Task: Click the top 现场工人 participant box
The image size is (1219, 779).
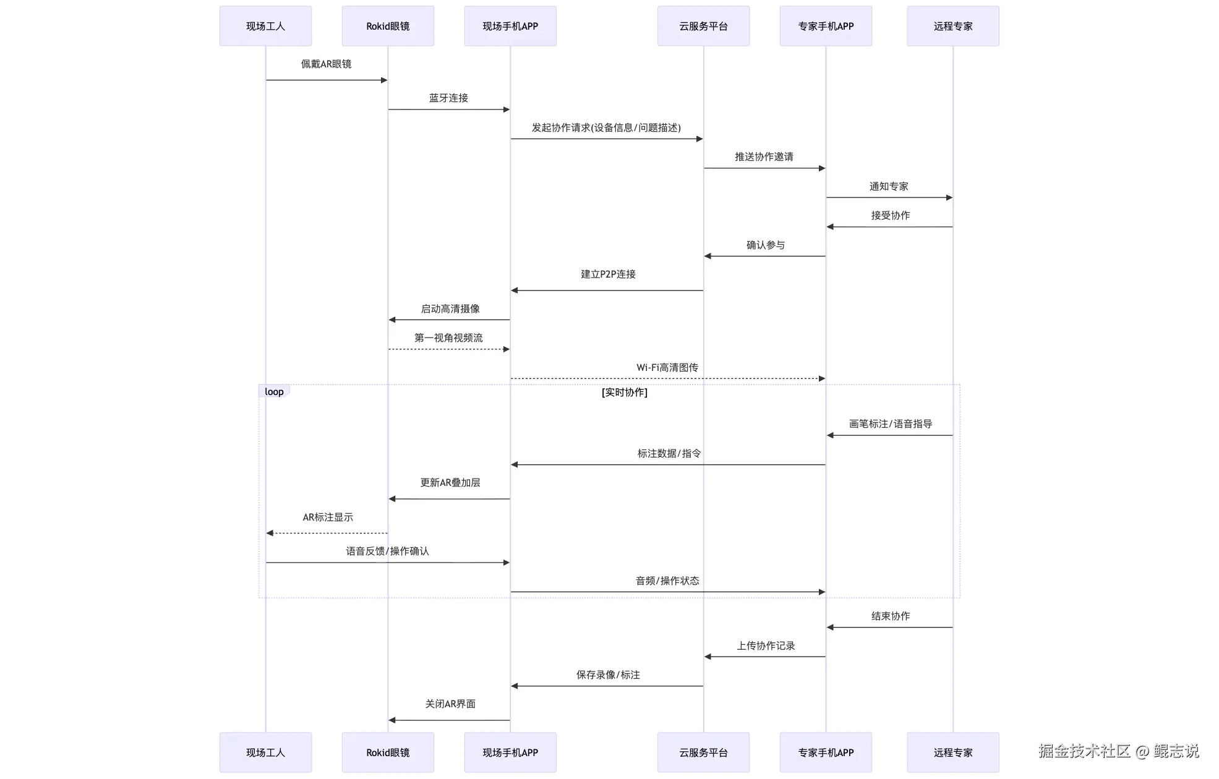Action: [265, 26]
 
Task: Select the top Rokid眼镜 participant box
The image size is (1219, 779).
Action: [388, 26]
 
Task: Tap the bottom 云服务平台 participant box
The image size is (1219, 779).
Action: [703, 752]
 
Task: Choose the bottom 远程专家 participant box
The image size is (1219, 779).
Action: [953, 752]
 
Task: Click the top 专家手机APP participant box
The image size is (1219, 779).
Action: [826, 26]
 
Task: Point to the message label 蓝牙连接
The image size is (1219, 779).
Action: [448, 98]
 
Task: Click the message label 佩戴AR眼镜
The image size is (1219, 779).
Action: [326, 64]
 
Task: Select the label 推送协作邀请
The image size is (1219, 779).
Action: [764, 156]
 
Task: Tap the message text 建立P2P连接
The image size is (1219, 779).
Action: [608, 274]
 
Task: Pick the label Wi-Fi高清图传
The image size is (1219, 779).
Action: [667, 367]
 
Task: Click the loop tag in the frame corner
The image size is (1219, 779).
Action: [274, 391]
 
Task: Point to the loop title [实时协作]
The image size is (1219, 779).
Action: [624, 392]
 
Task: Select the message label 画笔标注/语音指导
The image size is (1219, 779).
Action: [890, 424]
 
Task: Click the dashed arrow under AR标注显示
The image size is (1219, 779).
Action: [327, 533]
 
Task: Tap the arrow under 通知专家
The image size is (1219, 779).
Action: [889, 198]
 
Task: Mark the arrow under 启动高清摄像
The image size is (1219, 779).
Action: [450, 320]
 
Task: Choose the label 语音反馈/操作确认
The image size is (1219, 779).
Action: [387, 551]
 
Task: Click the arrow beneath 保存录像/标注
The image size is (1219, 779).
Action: [608, 686]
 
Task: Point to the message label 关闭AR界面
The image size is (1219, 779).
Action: [450, 704]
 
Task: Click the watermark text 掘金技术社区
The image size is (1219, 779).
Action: [1084, 751]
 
